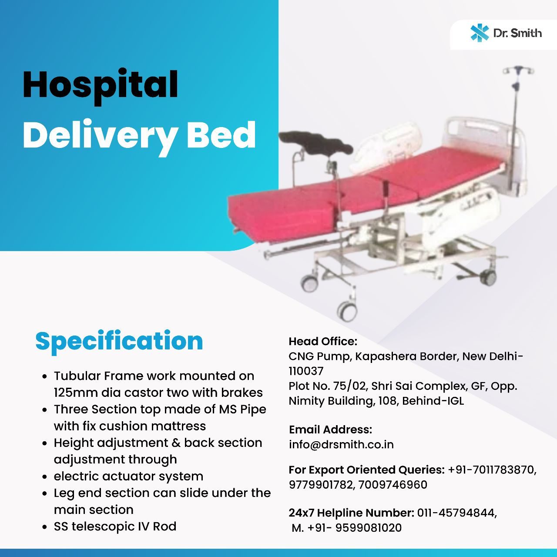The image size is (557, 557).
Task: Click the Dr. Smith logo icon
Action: coord(480,33)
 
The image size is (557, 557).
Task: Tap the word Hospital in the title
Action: coord(101,85)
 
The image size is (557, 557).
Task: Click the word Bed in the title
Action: coord(221,135)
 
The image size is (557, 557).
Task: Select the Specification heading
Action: coord(119,341)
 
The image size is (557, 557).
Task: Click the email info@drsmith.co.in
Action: coord(341,444)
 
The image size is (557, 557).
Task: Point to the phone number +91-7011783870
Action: coord(492,470)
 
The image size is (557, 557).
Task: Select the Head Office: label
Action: coord(323,341)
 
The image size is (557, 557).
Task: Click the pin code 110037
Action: coord(306,371)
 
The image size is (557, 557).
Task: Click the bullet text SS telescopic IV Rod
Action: coord(115,527)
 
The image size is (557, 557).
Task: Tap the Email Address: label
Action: coord(330,429)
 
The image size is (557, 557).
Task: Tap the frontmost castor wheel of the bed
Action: coord(347,310)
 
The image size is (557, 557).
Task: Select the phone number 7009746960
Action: coord(393,485)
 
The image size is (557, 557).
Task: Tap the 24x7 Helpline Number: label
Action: coord(351,513)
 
